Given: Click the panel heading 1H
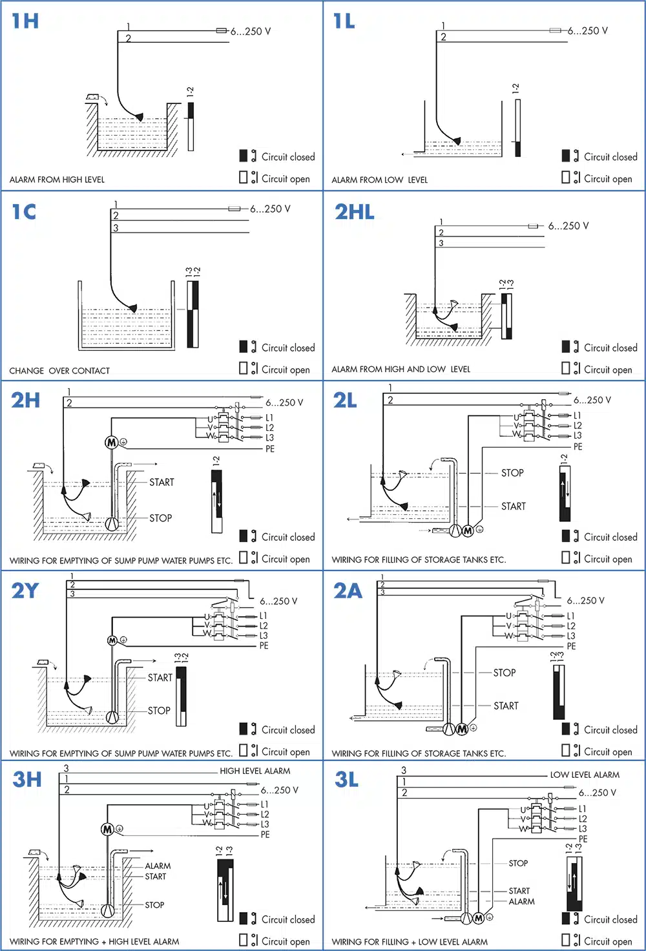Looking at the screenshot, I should tap(25, 21).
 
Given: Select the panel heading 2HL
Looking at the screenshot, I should tap(354, 212).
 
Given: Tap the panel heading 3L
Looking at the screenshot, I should tap(346, 780).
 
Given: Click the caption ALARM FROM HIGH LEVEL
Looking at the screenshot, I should tap(57, 180).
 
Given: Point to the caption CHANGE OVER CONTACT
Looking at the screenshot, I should tap(59, 371).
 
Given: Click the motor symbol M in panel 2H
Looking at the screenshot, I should tap(111, 442).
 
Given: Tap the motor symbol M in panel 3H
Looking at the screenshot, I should tap(107, 829).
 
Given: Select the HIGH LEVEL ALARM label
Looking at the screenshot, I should tap(255, 771).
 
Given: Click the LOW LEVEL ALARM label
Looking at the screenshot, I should tap(584, 775).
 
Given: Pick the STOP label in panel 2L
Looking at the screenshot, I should tap(512, 473).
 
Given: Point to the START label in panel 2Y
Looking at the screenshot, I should tap(160, 678).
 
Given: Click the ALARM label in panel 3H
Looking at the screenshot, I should tap(158, 866).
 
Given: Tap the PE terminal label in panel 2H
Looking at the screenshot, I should tap(270, 449).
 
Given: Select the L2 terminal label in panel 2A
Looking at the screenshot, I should tap(571, 626).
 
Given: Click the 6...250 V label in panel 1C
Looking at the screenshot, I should tap(270, 209).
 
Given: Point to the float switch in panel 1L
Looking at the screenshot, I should tap(456, 141).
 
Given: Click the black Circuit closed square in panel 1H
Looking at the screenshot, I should tap(244, 156).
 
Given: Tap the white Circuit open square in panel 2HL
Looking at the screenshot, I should tap(566, 368).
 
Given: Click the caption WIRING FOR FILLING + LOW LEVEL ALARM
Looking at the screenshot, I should tap(410, 942).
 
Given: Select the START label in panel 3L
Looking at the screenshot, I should tap(519, 891).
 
